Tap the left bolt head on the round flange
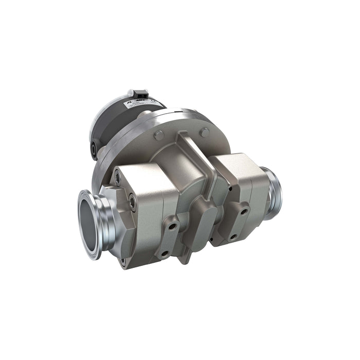(x=159, y=135)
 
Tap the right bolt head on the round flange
(x=205, y=133)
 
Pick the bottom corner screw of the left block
(x=123, y=261)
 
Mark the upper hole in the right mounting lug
(x=242, y=211)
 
